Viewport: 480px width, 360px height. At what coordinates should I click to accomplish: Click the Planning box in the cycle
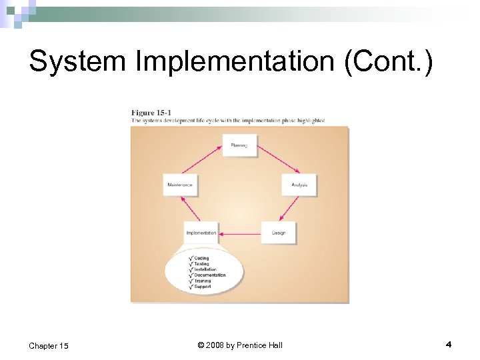coord(239,145)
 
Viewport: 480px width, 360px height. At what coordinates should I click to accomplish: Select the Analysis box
coord(299,185)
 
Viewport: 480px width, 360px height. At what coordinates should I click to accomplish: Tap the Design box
coord(278,233)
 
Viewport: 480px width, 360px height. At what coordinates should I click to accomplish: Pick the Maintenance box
coord(180,185)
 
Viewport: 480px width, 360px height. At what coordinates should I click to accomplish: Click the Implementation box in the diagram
coord(201,233)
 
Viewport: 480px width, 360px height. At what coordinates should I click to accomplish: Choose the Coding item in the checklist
coord(201,258)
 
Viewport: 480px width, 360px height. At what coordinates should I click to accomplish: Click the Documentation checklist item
coord(209,275)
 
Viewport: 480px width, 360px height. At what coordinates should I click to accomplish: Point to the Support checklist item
coord(202,287)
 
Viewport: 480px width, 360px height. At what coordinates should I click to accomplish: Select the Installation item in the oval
coord(205,269)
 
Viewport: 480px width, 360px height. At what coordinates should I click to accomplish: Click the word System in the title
coord(77,62)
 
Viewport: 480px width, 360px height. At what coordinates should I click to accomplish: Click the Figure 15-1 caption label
coord(151,112)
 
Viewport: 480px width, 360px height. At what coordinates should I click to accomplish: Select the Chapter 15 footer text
coord(49,345)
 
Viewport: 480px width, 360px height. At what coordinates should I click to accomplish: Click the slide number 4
coord(449,344)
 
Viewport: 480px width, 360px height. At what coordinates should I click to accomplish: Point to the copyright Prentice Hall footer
coord(240,345)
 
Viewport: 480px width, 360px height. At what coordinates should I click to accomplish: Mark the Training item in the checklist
coord(203,281)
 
